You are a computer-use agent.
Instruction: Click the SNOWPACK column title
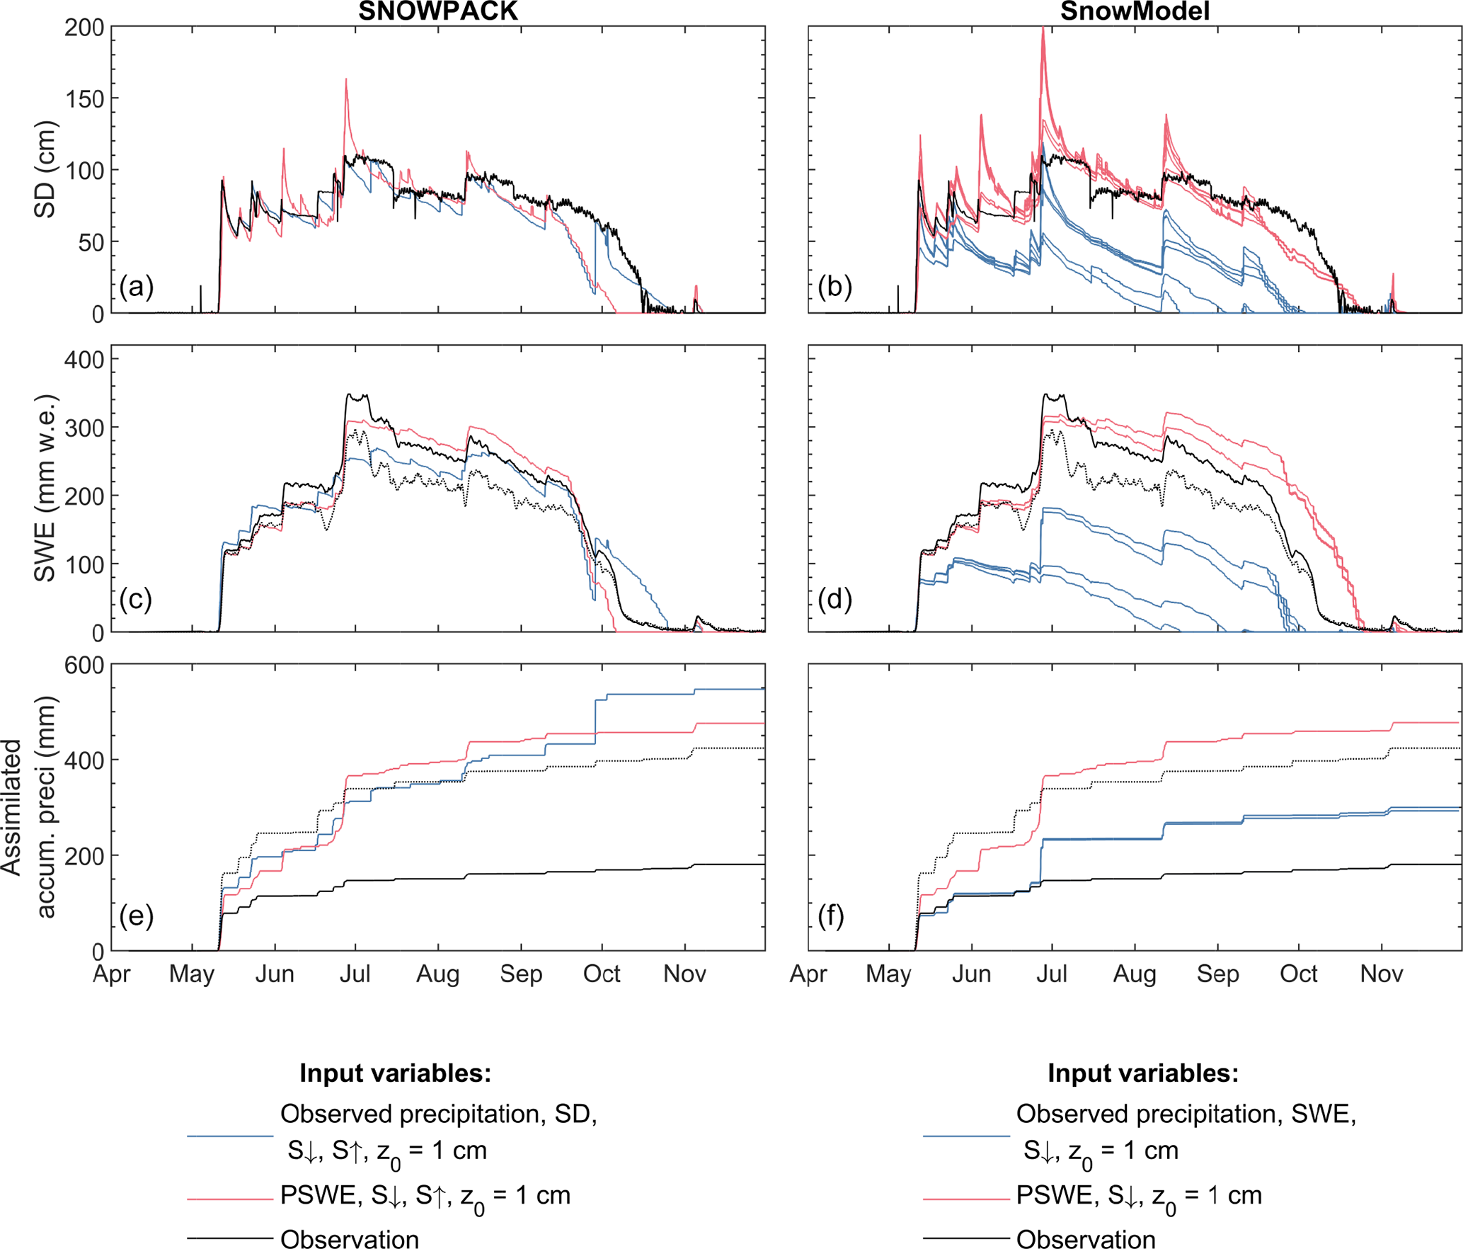click(438, 11)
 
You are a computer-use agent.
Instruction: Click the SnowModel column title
click(1135, 11)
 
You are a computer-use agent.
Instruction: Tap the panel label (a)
click(136, 287)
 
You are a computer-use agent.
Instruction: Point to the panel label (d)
click(834, 600)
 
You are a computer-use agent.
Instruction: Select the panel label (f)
click(831, 916)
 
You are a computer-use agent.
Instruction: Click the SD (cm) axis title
click(45, 170)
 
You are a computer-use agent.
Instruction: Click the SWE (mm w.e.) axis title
click(45, 489)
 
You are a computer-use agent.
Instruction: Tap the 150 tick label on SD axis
click(84, 99)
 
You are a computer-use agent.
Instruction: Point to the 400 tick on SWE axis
click(84, 360)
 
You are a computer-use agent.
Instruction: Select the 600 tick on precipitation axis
click(84, 666)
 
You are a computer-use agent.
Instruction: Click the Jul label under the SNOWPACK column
click(355, 974)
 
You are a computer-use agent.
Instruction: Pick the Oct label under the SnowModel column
click(1298, 974)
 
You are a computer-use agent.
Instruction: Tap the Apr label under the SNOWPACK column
click(112, 974)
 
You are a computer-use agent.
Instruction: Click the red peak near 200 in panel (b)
click(1043, 29)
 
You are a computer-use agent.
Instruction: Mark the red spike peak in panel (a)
click(346, 79)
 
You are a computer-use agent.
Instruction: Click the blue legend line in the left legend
click(230, 1136)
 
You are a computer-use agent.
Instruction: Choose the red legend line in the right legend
click(966, 1199)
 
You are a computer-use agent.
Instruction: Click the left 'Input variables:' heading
click(395, 1073)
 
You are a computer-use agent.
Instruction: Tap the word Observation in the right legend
click(1086, 1239)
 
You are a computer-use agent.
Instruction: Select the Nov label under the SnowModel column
click(1381, 974)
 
